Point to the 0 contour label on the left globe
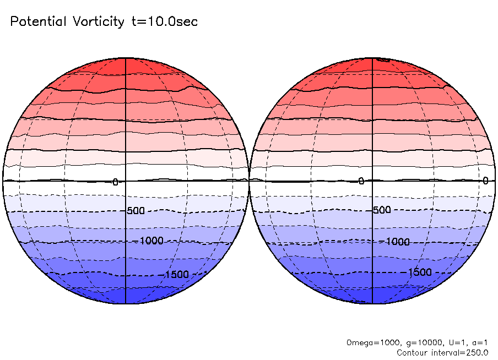tap(115, 182)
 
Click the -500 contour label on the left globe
tap(135, 211)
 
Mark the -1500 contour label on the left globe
tap(176, 275)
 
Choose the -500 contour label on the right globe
tap(381, 210)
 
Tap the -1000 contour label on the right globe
tap(397, 242)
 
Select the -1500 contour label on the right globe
tap(419, 272)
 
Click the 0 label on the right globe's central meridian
tap(361, 181)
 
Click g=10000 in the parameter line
tap(410, 342)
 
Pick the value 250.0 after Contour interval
tap(477, 352)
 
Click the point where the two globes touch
tap(250, 180)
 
